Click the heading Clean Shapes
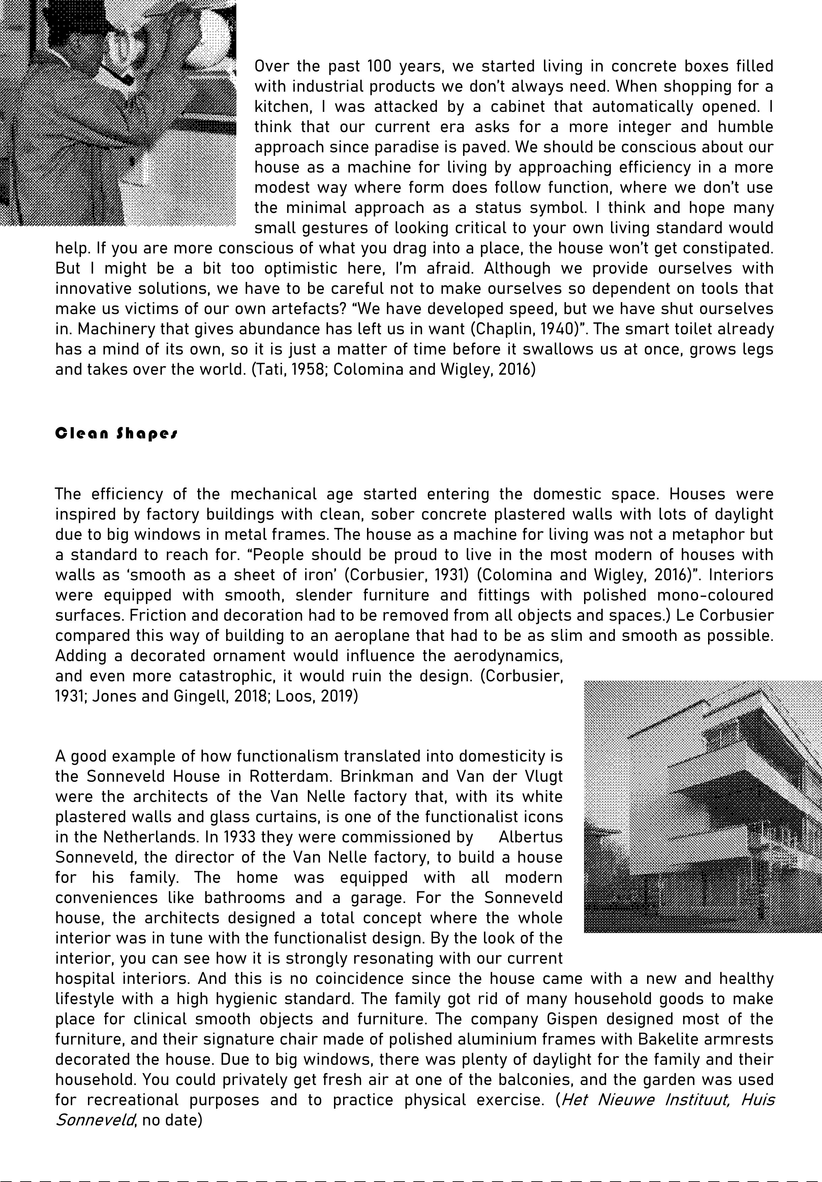pyautogui.click(x=116, y=433)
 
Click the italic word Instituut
pyautogui.click(x=697, y=1100)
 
